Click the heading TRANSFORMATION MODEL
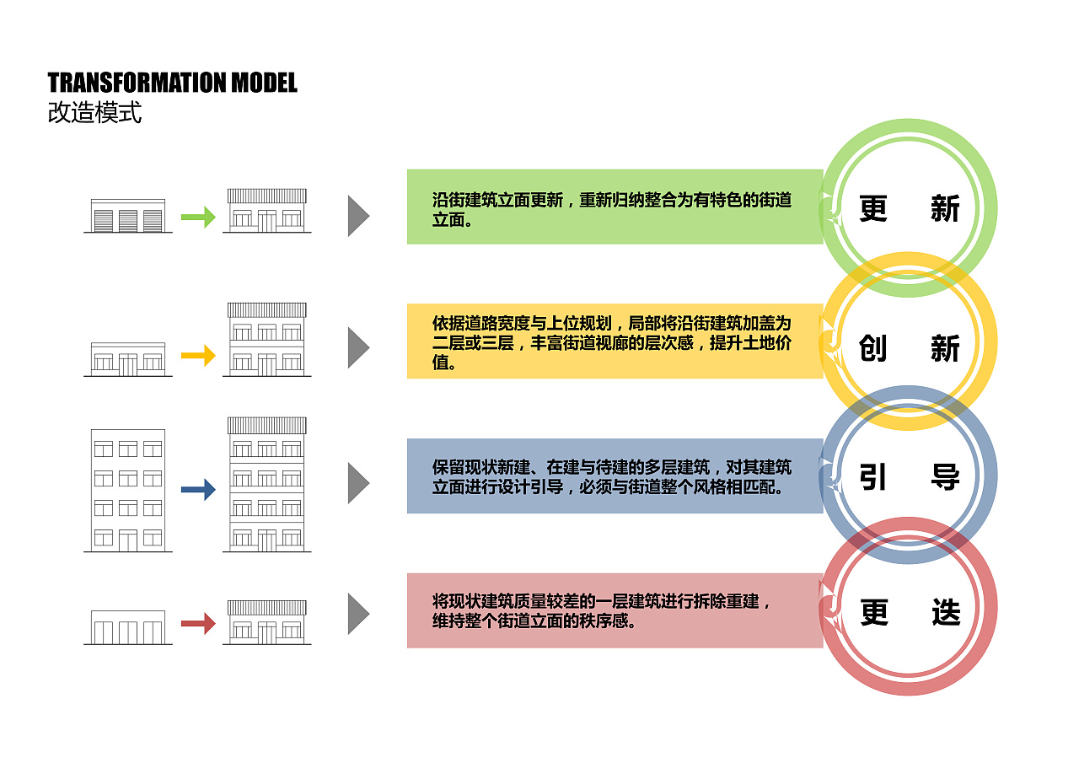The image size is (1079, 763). point(173,83)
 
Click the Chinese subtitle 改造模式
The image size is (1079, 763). point(94,113)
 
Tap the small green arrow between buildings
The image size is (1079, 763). point(198,217)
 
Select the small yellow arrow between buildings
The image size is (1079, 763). point(198,355)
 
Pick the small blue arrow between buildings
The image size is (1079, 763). point(198,489)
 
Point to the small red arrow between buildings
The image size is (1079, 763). point(198,624)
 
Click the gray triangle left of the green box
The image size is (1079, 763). point(358,216)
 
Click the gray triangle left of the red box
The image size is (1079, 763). point(358,614)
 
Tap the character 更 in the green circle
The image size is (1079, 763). point(874,208)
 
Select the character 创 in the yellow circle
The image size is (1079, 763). point(874,347)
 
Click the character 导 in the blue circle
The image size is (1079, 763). point(945,477)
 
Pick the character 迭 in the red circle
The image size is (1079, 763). point(945,613)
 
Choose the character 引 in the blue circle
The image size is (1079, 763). point(874,477)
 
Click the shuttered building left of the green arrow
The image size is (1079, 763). point(128,216)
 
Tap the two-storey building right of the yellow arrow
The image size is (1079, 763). point(267,340)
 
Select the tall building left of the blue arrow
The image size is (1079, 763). point(128,491)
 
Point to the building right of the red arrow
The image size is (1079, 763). point(267,622)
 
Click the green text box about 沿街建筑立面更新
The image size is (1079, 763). point(615,207)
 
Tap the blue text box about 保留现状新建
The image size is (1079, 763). point(615,476)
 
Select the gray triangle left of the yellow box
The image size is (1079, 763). point(358,347)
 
